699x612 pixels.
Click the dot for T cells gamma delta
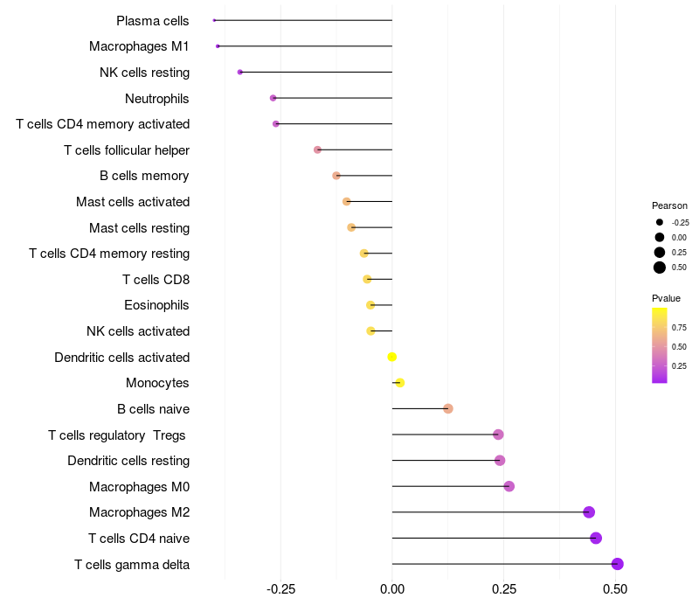(x=617, y=564)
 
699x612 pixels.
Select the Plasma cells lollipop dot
(x=214, y=20)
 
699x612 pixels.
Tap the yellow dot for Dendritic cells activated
(x=391, y=357)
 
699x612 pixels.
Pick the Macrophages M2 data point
(x=589, y=512)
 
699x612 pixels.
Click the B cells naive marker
(x=448, y=408)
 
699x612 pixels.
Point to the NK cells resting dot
(x=239, y=72)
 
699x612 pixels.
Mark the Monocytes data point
(x=400, y=383)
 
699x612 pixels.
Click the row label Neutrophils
(x=157, y=99)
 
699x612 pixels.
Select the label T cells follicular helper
(x=127, y=150)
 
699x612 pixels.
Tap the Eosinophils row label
(x=156, y=305)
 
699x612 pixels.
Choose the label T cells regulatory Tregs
(x=117, y=435)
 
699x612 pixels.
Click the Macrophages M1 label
(x=139, y=46)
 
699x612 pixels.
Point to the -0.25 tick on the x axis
(x=280, y=589)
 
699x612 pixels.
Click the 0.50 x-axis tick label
(x=615, y=589)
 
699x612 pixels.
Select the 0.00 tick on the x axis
(x=392, y=589)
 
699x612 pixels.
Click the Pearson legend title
(x=669, y=205)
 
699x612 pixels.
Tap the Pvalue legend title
(x=666, y=298)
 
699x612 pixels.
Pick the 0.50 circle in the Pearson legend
(x=660, y=268)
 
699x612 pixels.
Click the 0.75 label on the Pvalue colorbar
(x=679, y=327)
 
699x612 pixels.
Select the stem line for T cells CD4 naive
(x=494, y=538)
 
